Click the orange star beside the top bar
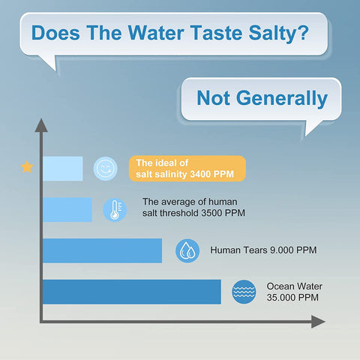coord(27,167)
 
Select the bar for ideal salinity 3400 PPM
coord(63,169)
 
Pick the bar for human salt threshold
coord(67,209)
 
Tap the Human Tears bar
coord(103,250)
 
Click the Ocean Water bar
coord(132,292)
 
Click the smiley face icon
coord(105,169)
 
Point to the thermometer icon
coord(115,210)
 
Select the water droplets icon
coord(187,250)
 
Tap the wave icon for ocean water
coord(244,292)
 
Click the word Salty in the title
coord(279,34)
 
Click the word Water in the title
coord(156,32)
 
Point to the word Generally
coord(282,99)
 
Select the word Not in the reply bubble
coord(213,98)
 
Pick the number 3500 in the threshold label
coord(211,213)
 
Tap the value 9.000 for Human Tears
coord(282,250)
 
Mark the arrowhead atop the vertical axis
coord(41,125)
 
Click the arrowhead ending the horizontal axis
coord(318,322)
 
